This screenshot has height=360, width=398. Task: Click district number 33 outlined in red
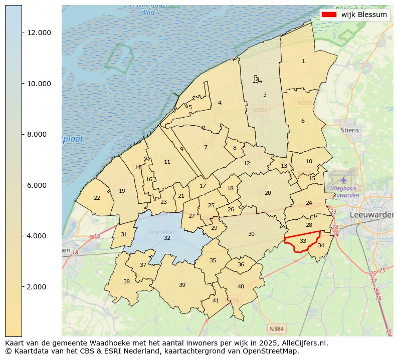click(303, 241)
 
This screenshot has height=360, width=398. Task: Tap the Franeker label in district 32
click(162, 232)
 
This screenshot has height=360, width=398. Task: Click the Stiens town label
click(349, 130)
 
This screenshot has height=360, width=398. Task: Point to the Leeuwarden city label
click(371, 214)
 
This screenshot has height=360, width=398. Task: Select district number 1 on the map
click(303, 61)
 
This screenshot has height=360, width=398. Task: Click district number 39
click(182, 285)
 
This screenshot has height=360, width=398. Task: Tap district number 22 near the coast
click(97, 198)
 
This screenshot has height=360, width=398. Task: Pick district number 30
click(251, 234)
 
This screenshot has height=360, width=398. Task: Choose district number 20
click(268, 193)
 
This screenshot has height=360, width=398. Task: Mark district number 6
click(303, 121)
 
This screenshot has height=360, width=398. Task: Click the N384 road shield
click(276, 329)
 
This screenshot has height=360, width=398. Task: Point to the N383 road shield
click(260, 110)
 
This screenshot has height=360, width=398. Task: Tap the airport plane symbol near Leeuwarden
click(343, 179)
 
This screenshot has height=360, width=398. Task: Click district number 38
click(126, 281)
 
